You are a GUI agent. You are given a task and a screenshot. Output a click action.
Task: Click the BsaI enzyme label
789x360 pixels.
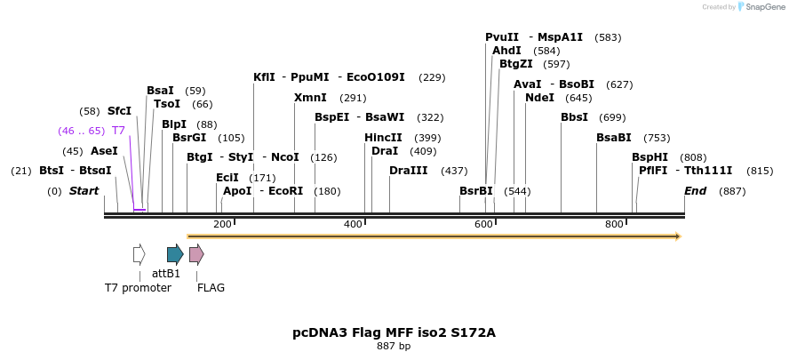pos(160,91)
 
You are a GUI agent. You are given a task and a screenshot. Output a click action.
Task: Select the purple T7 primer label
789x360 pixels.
pos(118,131)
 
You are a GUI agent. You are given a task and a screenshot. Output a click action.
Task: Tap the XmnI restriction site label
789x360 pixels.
pos(310,98)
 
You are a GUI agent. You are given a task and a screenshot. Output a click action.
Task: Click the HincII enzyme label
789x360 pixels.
pos(383,138)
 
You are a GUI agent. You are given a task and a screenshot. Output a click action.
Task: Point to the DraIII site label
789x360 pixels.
pos(408,171)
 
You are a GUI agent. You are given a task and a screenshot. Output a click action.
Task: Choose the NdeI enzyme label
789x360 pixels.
pos(539,98)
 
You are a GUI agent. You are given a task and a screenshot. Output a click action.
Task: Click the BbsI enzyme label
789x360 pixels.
pos(574,117)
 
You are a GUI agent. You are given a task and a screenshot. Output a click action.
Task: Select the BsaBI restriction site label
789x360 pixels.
pos(613,138)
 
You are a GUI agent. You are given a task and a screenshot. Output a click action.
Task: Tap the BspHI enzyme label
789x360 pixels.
pos(650,157)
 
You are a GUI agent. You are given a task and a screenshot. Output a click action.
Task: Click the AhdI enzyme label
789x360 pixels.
pos(506,51)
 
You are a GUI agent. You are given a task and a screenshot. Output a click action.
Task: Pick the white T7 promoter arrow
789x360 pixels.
pos(139,254)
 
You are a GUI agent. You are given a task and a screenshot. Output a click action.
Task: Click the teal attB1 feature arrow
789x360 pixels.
pos(175,254)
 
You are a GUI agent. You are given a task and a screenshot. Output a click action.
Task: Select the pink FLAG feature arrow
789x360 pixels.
pos(196,254)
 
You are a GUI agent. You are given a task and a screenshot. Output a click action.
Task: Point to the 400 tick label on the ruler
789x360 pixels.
pos(353,224)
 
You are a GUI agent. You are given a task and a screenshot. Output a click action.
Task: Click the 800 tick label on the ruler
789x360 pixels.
pos(614,224)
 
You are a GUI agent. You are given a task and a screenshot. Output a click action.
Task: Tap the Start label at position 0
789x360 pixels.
pos(84,191)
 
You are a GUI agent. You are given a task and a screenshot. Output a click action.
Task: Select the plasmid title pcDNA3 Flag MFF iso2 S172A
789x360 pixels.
pos(394,333)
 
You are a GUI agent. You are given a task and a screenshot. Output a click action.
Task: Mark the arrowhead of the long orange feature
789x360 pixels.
pos(677,236)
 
